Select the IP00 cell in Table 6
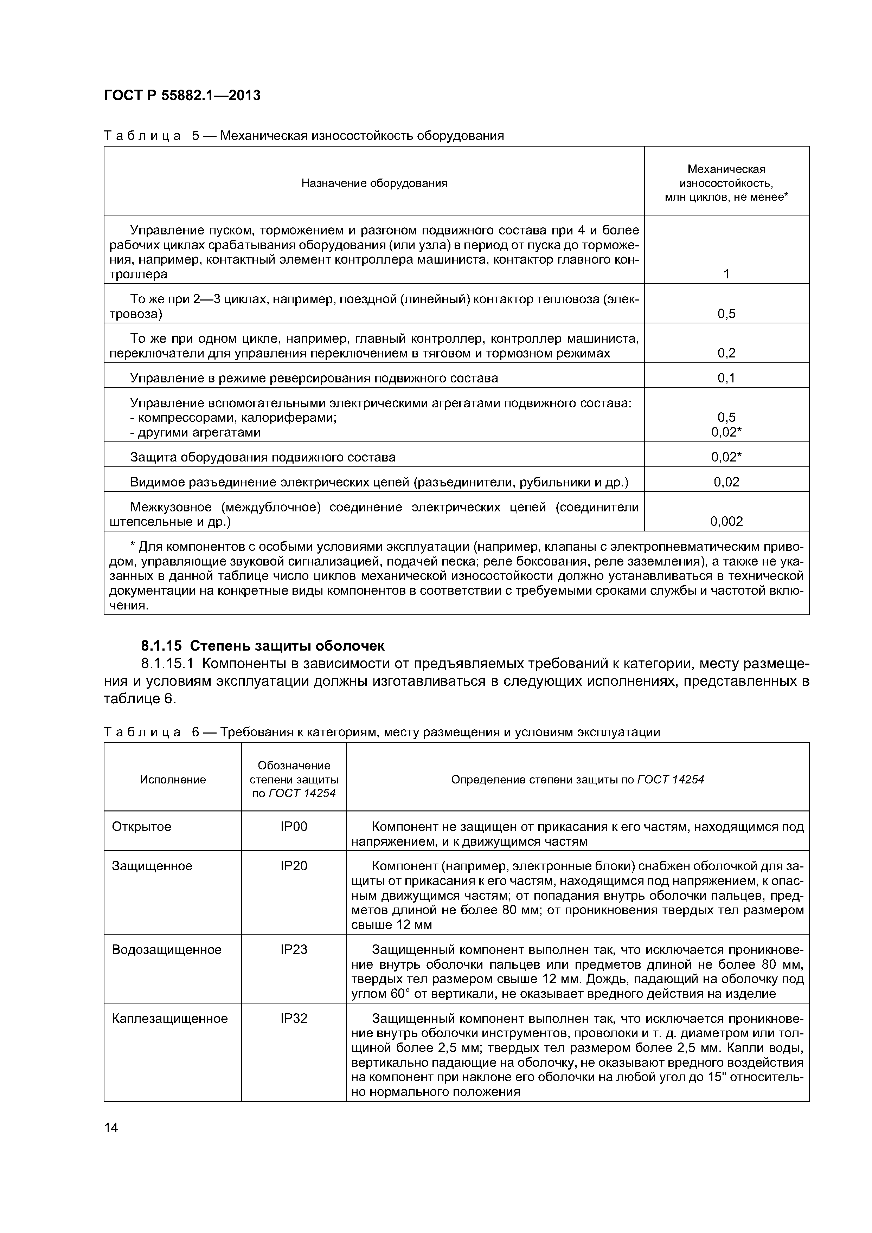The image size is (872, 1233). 294,826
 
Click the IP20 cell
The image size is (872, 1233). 294,866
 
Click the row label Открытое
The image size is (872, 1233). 141,826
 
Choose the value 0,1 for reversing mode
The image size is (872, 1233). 726,378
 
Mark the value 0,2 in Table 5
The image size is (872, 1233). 726,353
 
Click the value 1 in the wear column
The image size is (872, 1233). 726,275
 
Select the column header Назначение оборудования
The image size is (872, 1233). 374,183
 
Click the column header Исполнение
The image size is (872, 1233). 173,780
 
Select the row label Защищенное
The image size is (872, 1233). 152,866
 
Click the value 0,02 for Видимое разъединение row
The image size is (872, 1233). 726,482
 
